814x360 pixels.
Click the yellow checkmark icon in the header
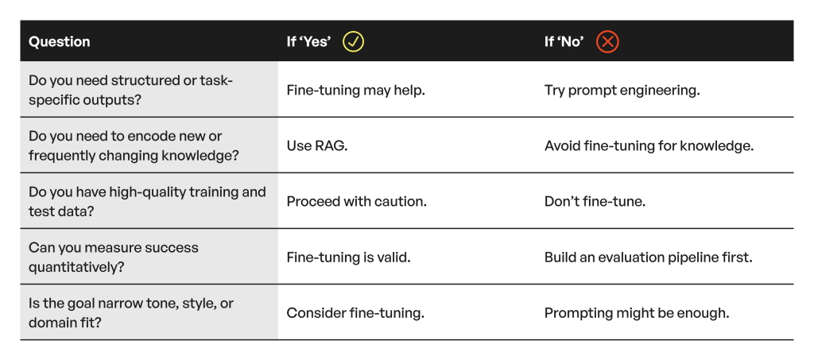(x=353, y=41)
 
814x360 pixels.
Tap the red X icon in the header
(x=607, y=41)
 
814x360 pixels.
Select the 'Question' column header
(x=59, y=41)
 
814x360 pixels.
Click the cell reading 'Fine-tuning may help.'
(x=355, y=90)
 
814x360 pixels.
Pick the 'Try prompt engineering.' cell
(x=622, y=90)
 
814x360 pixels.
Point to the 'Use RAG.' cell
(x=316, y=145)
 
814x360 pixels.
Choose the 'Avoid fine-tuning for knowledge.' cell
(x=649, y=145)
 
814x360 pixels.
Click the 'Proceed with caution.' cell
(x=357, y=201)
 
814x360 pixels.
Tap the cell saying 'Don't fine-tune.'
(x=595, y=201)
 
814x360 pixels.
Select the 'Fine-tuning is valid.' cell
(x=348, y=257)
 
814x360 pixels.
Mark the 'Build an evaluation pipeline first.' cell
(x=649, y=257)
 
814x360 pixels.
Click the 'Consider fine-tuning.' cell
(x=355, y=313)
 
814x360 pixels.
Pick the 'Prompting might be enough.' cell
(x=637, y=313)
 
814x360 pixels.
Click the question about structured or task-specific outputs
(x=131, y=90)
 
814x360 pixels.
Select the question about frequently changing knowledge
(x=134, y=145)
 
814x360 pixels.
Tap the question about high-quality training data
(x=147, y=201)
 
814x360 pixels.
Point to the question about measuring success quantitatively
(x=113, y=257)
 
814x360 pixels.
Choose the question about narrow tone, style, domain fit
(x=131, y=313)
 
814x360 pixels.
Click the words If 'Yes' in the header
(x=308, y=41)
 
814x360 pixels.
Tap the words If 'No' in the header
(x=564, y=41)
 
